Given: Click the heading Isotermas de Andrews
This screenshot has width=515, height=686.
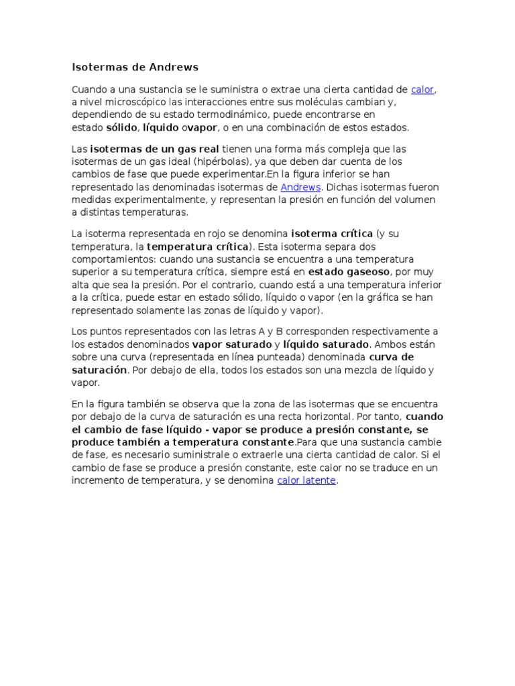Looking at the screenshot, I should point(135,68).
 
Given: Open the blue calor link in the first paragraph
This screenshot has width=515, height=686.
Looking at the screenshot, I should point(422,89).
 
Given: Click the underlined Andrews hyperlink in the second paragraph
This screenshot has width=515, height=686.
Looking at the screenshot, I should point(300,187).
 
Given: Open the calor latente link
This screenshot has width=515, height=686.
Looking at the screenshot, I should point(306,481).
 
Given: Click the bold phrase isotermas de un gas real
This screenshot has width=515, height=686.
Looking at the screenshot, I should point(154,149).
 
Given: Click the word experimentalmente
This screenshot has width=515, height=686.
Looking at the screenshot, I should point(152,200).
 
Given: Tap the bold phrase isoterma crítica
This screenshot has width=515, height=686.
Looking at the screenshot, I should point(331,234).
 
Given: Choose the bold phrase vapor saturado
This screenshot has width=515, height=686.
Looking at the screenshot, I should point(232,344).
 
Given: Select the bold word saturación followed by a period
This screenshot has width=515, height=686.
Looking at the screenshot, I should point(99,370).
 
